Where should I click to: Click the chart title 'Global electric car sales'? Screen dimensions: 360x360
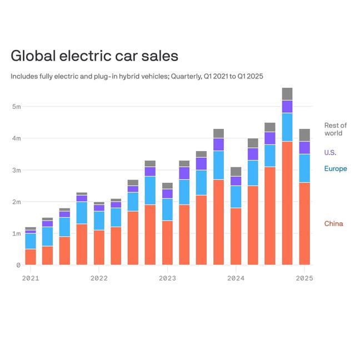[x=94, y=56]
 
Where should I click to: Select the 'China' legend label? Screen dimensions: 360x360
[x=333, y=224]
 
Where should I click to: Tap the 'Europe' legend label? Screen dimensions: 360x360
[x=335, y=169]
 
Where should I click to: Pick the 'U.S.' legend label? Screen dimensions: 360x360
[x=330, y=152]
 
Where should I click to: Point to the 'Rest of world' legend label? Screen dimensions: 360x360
[x=335, y=129]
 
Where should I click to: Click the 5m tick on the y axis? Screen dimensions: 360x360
[x=16, y=106]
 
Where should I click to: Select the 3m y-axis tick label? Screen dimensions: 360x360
[x=16, y=170]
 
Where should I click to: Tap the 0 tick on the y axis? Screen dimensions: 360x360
[x=17, y=266]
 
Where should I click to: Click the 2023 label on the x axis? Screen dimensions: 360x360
[x=167, y=278]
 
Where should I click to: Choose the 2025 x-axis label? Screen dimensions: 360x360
[x=304, y=278]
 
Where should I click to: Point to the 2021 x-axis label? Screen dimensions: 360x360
[x=31, y=278]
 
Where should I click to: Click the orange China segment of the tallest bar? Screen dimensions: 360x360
[x=287, y=203]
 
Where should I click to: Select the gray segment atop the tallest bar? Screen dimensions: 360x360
[x=287, y=94]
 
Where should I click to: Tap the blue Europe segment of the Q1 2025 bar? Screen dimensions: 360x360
[x=304, y=168]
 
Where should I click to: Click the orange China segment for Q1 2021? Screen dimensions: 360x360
[x=31, y=257]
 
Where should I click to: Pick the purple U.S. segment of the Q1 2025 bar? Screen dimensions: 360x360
[x=304, y=148]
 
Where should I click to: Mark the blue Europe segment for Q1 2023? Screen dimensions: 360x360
[x=167, y=209]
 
